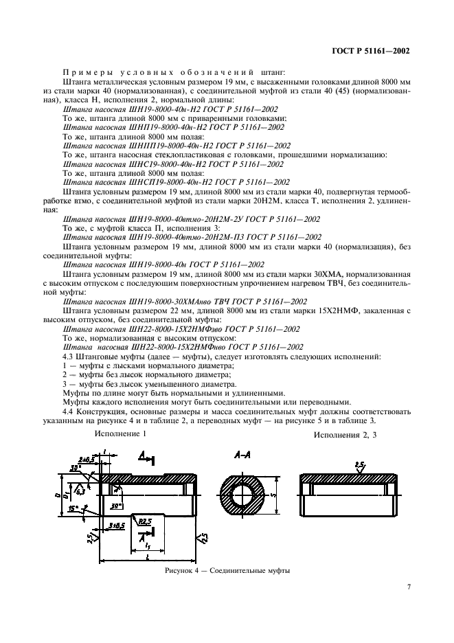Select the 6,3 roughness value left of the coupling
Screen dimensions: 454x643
[81, 491]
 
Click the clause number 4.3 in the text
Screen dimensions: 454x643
[69, 357]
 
